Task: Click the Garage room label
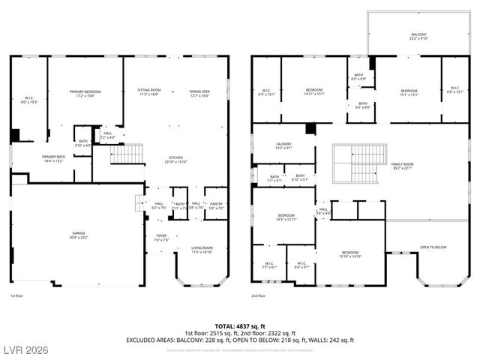coord(79,235)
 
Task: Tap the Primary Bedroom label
coord(85,93)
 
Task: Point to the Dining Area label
coord(199,93)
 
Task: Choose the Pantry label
coord(216,205)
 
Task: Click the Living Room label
coord(202,250)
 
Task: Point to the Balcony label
coord(418,35)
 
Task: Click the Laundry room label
coord(283,146)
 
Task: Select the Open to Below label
coord(433,247)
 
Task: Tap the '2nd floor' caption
coord(259,295)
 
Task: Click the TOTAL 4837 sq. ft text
coord(240,326)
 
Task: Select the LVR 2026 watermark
coord(26,350)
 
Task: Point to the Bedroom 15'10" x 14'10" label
coord(350,254)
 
